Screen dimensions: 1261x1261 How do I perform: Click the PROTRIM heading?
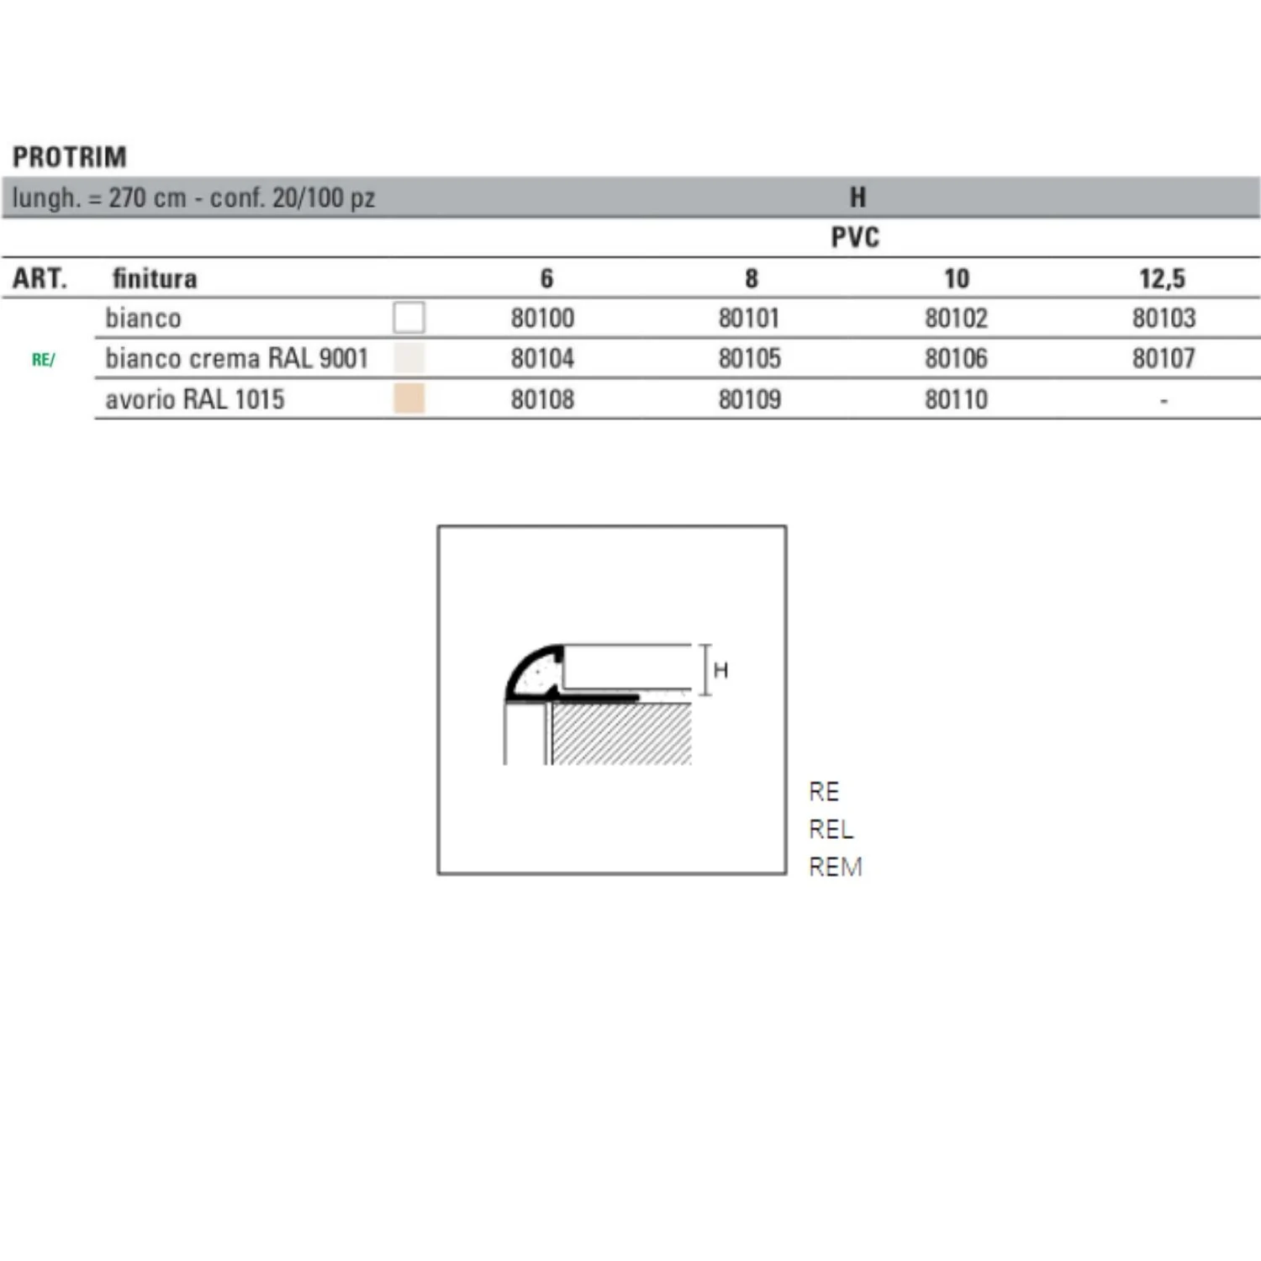70,157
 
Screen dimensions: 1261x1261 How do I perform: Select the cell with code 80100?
542,318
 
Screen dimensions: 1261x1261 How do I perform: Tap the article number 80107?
1163,358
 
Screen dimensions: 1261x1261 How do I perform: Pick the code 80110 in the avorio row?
957,399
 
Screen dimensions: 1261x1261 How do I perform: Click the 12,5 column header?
1163,278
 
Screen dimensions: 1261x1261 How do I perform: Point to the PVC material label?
855,238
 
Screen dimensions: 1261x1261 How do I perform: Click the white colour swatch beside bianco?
409,318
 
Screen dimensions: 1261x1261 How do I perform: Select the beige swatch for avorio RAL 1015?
409,398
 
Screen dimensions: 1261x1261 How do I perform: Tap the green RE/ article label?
43,360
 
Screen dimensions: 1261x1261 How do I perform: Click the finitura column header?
155,278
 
